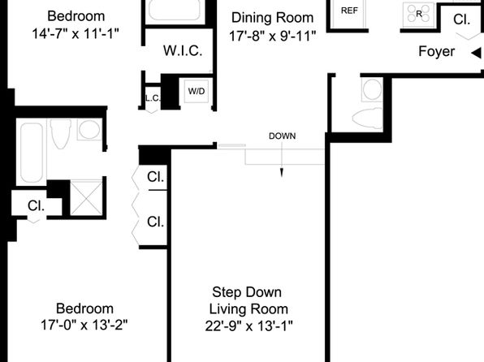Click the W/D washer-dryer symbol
point(197,92)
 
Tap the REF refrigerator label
point(349,11)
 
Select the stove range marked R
point(418,13)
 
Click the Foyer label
point(436,51)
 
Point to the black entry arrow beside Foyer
point(476,53)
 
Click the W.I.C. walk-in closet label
point(183,50)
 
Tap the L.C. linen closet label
point(153,98)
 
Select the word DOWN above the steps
point(282,136)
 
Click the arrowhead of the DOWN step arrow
point(282,173)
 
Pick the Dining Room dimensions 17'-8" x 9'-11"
point(272,37)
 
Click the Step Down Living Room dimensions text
point(248,325)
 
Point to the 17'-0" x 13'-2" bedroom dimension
point(84,325)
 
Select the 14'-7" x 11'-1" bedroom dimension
point(76,33)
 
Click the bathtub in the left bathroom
point(32,153)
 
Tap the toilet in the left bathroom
point(61,134)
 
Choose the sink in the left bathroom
point(89,129)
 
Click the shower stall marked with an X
point(86,197)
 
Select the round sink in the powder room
point(372,89)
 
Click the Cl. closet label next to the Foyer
point(461,19)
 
